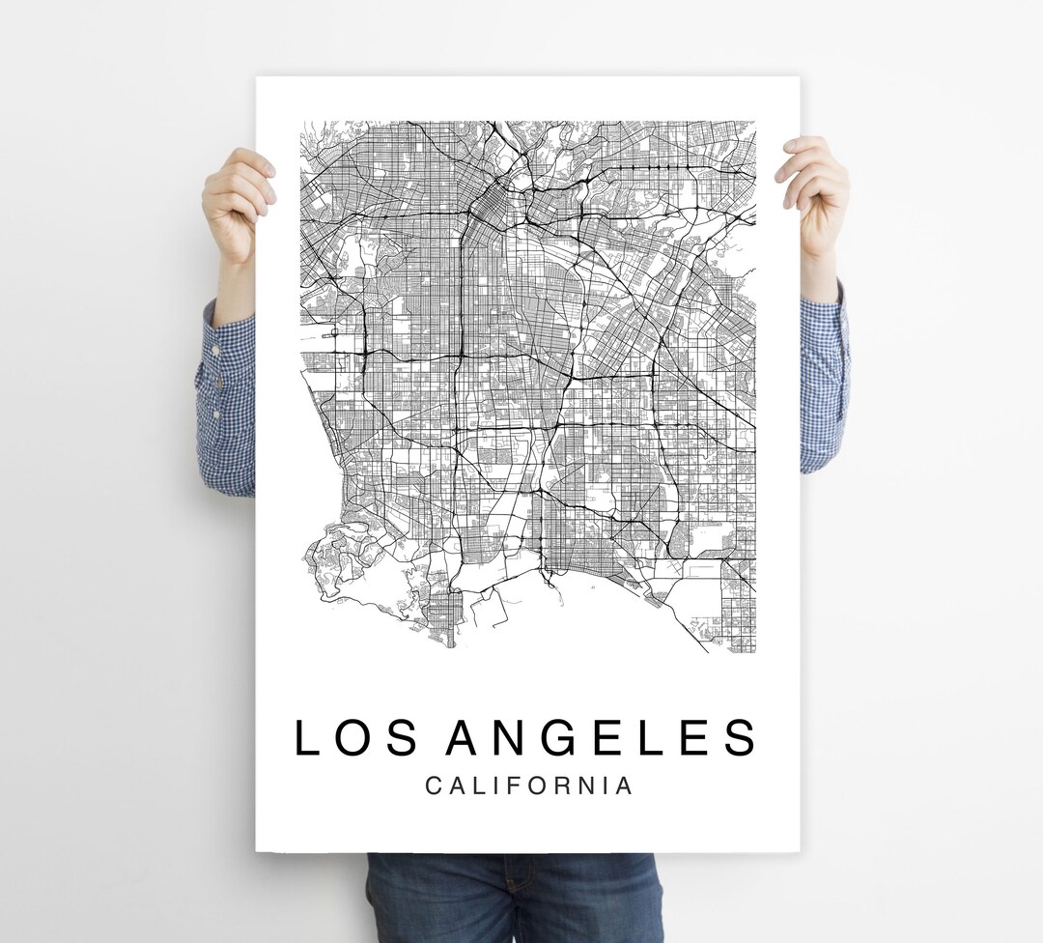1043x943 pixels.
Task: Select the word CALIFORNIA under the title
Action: click(529, 786)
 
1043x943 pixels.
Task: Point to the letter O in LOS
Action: click(355, 738)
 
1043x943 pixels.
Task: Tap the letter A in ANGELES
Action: click(465, 738)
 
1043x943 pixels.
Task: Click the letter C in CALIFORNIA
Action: click(434, 786)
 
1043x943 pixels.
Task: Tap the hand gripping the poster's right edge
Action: click(814, 193)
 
